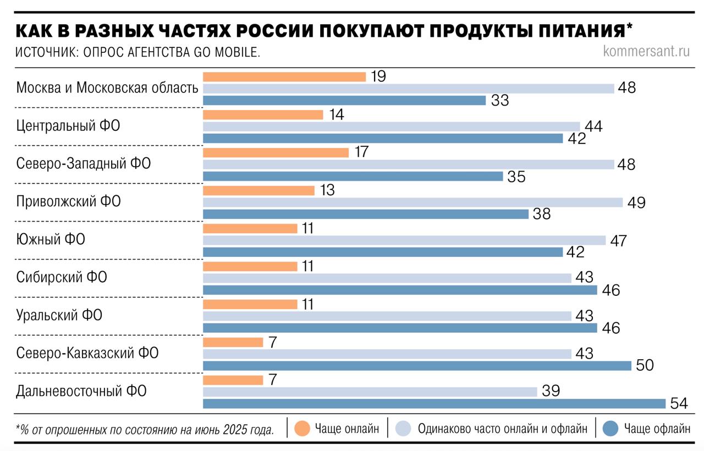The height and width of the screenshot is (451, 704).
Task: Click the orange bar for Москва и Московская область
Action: point(284,76)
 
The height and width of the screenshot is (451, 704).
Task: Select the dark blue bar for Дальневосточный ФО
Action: point(435,404)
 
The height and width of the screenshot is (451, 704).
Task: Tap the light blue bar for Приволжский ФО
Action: point(413,202)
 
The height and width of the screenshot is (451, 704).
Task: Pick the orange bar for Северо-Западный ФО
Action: point(276,152)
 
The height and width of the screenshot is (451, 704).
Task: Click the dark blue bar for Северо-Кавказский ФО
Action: point(417,366)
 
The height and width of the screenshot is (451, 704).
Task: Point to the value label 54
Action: point(679,404)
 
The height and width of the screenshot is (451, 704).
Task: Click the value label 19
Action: point(378,76)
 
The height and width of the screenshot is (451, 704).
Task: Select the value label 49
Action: point(636,202)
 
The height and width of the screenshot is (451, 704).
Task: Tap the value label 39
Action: point(551,391)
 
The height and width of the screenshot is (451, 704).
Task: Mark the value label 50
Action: point(645,366)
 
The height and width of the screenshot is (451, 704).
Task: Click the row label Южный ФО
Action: point(51,239)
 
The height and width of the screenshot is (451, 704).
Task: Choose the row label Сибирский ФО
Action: point(62,277)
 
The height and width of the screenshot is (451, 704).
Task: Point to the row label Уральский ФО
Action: point(59,315)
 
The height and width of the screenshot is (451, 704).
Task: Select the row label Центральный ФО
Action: point(68,126)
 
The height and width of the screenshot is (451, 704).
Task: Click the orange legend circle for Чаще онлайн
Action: point(302,428)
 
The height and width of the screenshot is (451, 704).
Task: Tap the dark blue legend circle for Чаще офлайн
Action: point(611,428)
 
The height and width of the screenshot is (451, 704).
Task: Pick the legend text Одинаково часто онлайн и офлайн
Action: point(498,428)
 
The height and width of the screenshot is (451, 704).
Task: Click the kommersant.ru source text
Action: point(646,51)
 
